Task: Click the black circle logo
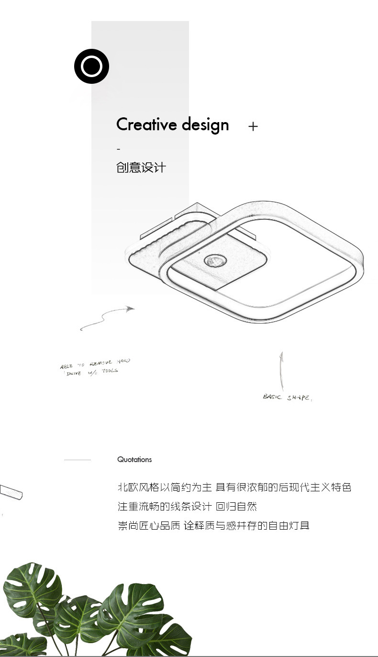(x=91, y=66)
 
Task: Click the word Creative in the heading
(x=146, y=125)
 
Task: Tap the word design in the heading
(x=206, y=125)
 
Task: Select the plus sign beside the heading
(x=253, y=126)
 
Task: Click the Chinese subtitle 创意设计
(x=141, y=168)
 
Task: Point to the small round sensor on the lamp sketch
(x=212, y=261)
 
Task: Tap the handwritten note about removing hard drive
(x=95, y=367)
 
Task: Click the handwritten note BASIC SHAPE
(x=287, y=397)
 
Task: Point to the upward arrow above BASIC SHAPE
(x=281, y=371)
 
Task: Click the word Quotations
(x=134, y=460)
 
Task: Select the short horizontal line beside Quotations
(x=77, y=460)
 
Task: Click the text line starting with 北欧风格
(x=234, y=487)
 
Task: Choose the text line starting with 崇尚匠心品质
(x=213, y=525)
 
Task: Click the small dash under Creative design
(x=118, y=149)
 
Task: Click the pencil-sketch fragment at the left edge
(x=11, y=492)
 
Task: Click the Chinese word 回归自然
(x=236, y=507)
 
